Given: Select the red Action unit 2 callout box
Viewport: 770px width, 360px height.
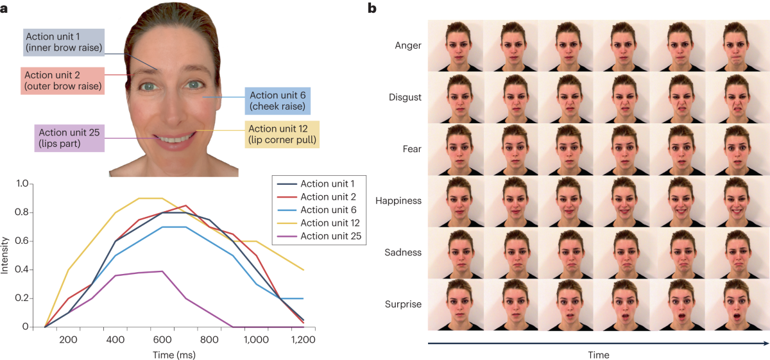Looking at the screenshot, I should pos(62,80).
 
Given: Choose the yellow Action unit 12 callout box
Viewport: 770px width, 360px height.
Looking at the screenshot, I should pos(282,133).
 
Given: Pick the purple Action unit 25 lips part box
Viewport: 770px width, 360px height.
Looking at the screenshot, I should pos(69,138).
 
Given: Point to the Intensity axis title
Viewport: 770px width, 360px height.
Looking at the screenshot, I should pos(6,255).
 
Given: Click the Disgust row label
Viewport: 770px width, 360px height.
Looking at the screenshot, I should pos(405,98).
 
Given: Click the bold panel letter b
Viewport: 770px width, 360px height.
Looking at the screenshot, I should pos(372,8).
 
